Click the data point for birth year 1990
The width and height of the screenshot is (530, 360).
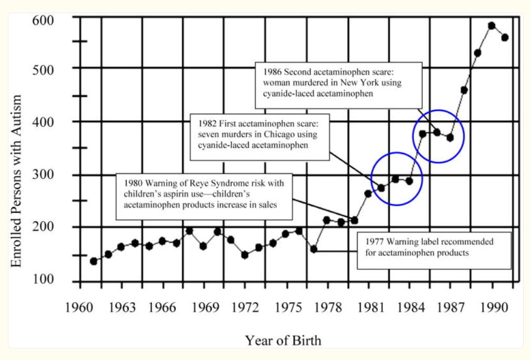pos(492,25)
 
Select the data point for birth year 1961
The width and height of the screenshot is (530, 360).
pos(93,261)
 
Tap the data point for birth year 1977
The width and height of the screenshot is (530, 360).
pos(314,249)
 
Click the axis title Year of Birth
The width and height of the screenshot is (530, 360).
pos(283,341)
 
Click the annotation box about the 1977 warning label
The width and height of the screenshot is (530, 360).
pos(433,250)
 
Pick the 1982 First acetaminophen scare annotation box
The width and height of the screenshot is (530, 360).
pos(261,136)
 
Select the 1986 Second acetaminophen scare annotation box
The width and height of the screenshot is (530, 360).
pos(338,85)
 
